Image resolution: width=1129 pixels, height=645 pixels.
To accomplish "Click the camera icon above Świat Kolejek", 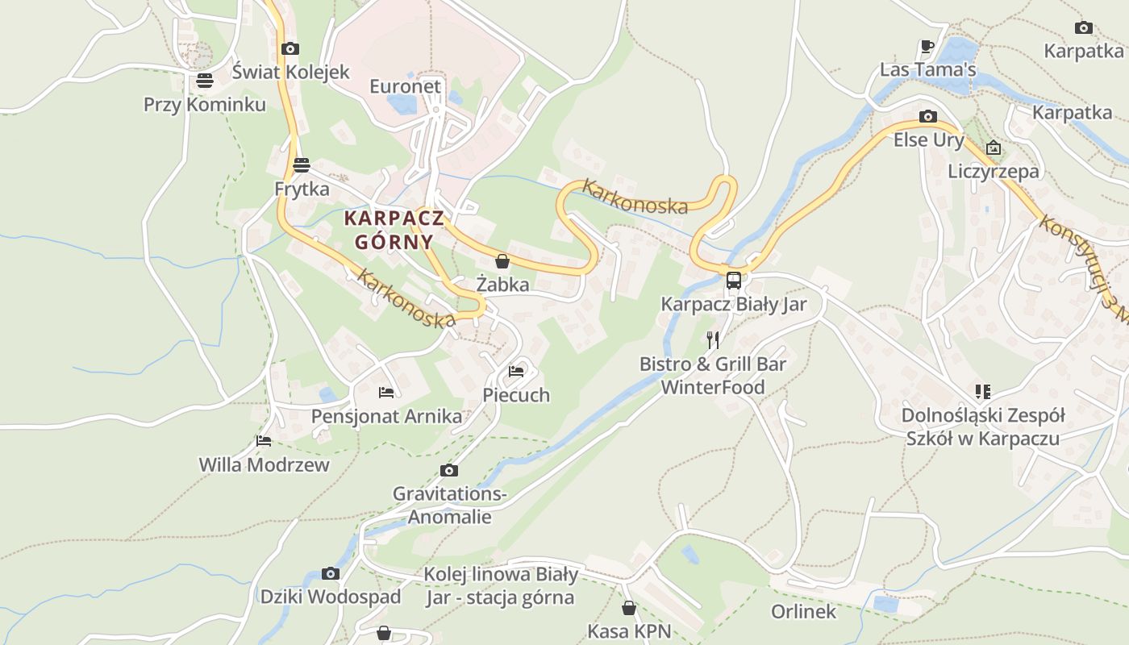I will tap(290, 49).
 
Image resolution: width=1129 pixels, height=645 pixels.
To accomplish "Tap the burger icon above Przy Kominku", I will tap(204, 81).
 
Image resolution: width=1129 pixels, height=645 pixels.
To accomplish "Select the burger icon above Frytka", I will tap(302, 165).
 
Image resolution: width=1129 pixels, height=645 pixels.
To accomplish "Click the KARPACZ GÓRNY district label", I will tap(394, 230).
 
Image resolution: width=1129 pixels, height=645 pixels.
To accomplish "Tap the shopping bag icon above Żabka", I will tap(502, 261).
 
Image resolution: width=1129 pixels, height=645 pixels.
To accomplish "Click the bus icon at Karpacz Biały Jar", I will tap(733, 281).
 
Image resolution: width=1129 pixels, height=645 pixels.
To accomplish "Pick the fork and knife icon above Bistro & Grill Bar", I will tap(713, 339).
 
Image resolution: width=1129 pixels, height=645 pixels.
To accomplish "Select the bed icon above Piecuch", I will tap(516, 372).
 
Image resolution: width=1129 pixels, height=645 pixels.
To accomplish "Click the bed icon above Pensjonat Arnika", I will tap(386, 393).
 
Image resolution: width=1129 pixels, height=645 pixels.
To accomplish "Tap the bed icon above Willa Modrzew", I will tap(264, 441).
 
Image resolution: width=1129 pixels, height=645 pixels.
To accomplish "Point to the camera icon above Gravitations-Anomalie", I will tap(449, 470).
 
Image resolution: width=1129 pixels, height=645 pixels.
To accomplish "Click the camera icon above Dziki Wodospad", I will tap(330, 573).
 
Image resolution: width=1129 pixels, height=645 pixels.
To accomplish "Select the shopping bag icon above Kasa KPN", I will tap(629, 608).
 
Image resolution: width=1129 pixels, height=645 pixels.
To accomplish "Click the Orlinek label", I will tap(803, 611).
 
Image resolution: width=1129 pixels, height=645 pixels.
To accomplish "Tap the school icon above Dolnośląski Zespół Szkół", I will tap(982, 392).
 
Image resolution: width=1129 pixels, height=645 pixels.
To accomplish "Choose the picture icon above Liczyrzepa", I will tap(994, 148).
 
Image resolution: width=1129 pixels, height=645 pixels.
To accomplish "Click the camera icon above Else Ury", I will tap(928, 116).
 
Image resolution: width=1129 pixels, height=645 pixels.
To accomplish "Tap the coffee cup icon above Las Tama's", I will tap(927, 46).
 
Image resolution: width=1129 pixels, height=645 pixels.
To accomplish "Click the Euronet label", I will tap(405, 86).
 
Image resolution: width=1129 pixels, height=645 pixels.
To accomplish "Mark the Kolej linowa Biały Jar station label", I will tap(500, 586).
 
